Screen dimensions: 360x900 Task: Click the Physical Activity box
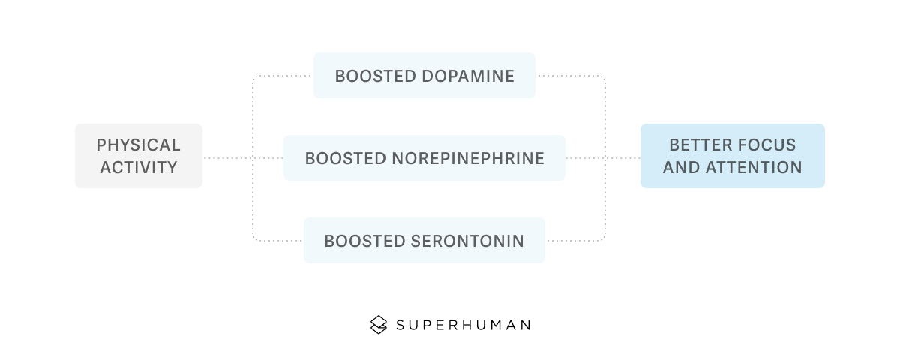coord(139,156)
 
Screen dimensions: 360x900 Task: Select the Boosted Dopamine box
coord(424,75)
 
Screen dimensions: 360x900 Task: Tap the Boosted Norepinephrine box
coord(424,158)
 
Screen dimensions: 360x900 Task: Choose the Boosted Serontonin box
coord(424,241)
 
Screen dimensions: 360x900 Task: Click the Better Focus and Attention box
coord(732,156)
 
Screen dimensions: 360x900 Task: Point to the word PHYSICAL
coord(139,145)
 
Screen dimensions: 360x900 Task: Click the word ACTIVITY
coord(139,167)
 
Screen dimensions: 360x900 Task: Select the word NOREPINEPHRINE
coord(468,159)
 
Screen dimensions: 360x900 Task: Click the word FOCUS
coord(766,145)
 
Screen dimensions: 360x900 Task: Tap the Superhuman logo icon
coord(379,325)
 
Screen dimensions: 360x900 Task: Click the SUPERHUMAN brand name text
coord(463,325)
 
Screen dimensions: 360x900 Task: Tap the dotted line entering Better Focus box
coord(622,158)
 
